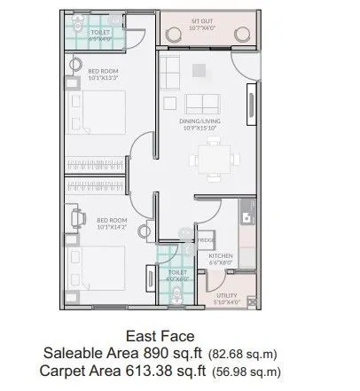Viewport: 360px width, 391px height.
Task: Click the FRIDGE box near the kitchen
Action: [x=205, y=239]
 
